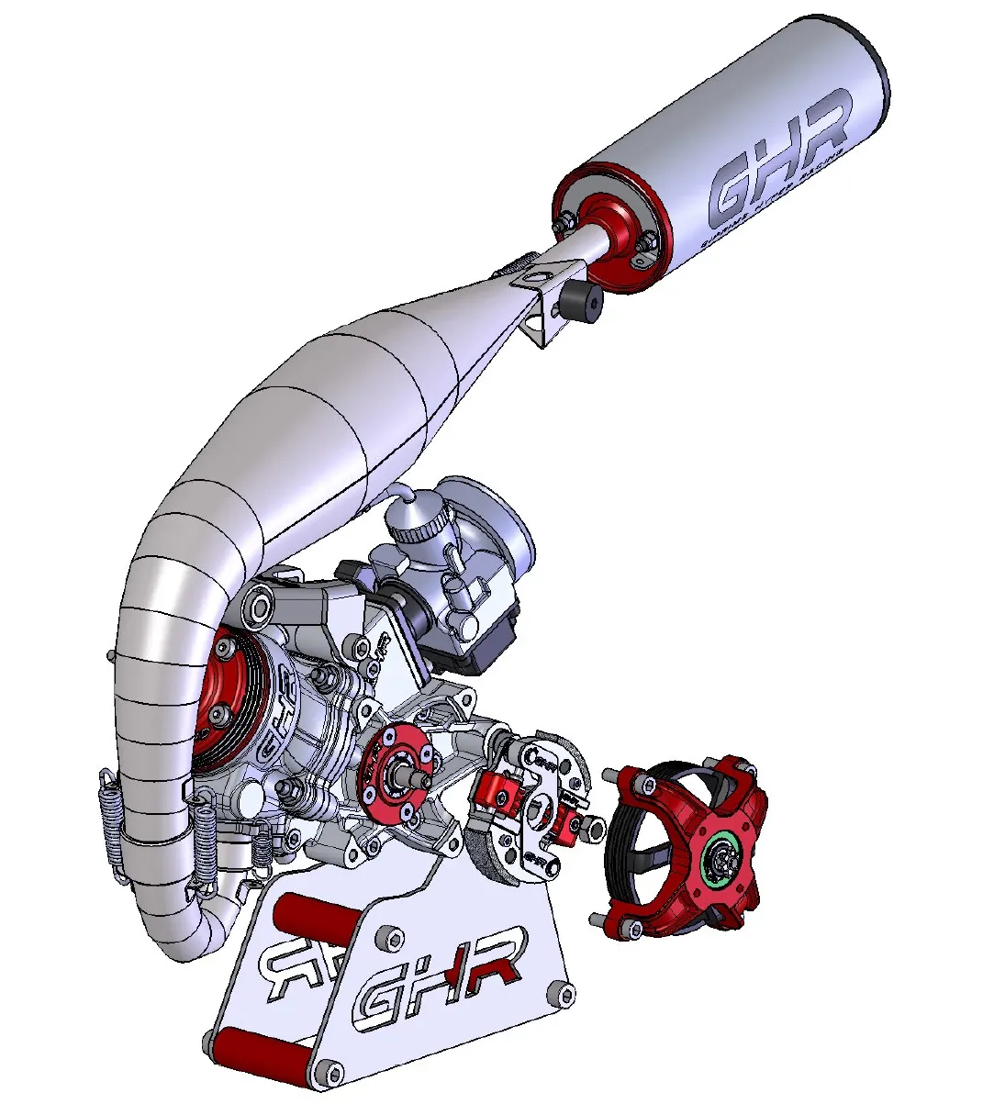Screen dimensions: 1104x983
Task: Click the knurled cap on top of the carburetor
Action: pyautogui.click(x=417, y=524)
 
